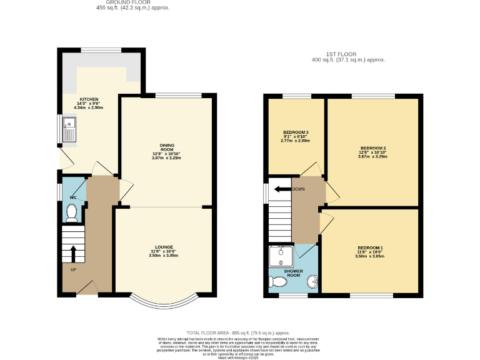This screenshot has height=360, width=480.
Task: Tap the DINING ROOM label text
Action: (x=166, y=147)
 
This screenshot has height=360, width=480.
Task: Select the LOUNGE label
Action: (x=164, y=247)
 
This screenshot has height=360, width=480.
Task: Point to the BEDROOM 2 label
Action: (x=373, y=147)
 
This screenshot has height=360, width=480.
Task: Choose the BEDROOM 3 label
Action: (x=296, y=132)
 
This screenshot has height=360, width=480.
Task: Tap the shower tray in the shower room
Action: (x=279, y=256)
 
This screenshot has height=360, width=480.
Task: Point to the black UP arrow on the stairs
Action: (x=72, y=254)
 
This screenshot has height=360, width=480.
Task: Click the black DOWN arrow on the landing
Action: (x=283, y=189)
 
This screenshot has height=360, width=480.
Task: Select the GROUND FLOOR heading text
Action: (x=132, y=2)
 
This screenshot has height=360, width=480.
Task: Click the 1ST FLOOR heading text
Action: (x=348, y=54)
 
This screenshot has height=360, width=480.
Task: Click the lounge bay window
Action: (x=164, y=304)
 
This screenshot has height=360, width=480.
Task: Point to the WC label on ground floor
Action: (x=73, y=197)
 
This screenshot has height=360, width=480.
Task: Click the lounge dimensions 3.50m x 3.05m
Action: (x=164, y=256)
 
